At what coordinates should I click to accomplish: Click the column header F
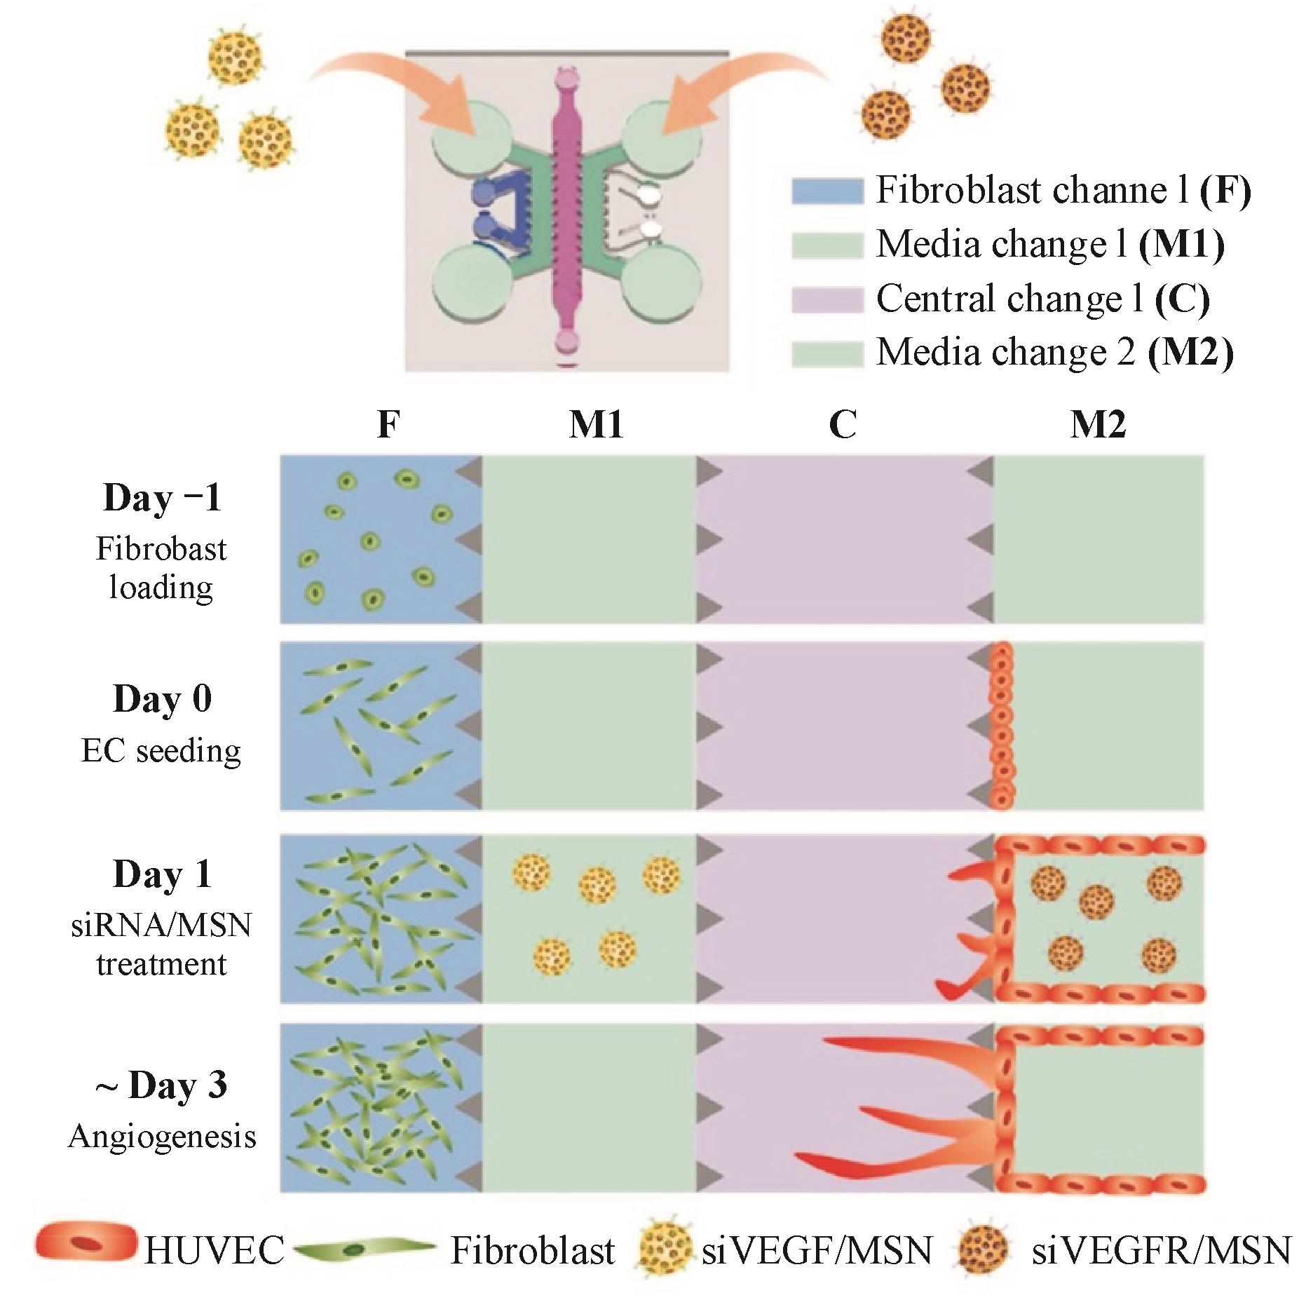coord(388,425)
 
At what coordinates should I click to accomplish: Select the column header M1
coord(596,425)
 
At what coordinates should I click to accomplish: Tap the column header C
coord(842,425)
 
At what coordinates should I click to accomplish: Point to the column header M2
coord(1098,425)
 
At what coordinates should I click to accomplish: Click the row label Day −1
coord(162,499)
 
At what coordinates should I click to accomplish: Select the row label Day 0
coord(162,699)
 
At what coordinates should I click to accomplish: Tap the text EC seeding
coord(161,752)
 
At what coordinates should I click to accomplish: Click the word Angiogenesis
coord(162,1137)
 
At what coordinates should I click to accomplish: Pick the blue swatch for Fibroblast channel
coord(827,191)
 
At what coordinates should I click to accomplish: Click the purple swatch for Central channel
coord(827,299)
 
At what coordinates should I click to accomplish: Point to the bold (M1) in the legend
coord(1181,245)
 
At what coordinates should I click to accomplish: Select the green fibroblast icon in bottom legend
coord(365,1250)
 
